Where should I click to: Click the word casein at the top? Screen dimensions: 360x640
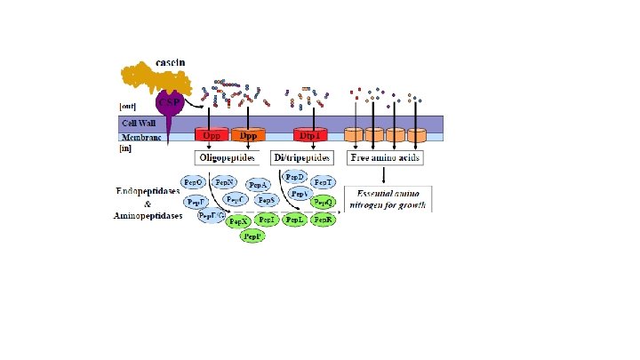click(170, 62)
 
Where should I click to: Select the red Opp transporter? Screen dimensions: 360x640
click(212, 136)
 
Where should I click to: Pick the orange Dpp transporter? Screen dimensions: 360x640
click(248, 136)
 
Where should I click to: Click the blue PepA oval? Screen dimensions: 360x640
click(259, 185)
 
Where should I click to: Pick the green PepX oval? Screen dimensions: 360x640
click(237, 221)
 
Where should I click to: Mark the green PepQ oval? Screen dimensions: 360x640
click(324, 203)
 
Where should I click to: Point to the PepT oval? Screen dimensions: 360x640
click(323, 182)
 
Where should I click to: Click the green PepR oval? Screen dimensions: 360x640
click(324, 220)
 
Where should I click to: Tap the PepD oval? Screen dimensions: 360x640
click(295, 177)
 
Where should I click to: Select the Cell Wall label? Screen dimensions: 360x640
click(139, 122)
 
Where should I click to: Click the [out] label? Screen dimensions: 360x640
click(129, 106)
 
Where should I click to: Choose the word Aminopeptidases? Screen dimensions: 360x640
click(148, 215)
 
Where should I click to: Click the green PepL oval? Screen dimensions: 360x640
click(295, 220)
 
